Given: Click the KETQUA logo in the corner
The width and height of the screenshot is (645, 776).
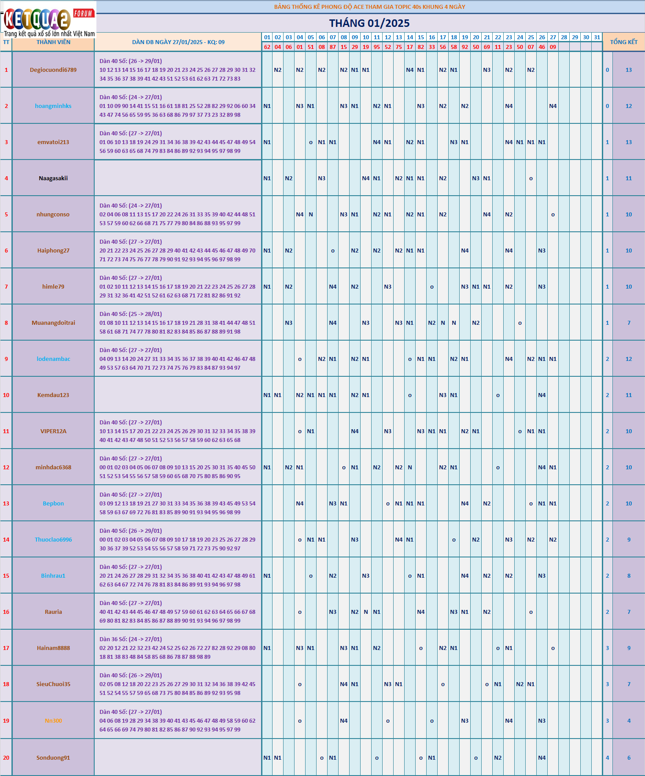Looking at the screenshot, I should (x=48, y=20).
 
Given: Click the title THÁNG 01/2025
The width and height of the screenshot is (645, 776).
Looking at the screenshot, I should (x=369, y=23).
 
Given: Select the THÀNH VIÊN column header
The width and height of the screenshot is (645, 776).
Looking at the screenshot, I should (x=53, y=42).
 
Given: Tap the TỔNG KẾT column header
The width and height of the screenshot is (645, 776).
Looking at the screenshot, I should (x=623, y=42).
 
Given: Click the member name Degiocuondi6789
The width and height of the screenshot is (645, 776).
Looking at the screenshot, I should (x=53, y=70).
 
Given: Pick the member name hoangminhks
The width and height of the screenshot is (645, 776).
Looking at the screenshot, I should (x=53, y=106).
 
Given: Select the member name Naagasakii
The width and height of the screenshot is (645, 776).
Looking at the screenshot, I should (x=53, y=178).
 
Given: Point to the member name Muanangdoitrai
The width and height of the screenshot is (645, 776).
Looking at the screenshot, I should (x=53, y=323).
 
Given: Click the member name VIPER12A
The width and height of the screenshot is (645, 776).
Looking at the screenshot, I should (x=53, y=431).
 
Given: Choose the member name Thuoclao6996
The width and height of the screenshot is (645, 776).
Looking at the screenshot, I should (x=53, y=540).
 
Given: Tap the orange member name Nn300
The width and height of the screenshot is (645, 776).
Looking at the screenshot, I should (x=53, y=721).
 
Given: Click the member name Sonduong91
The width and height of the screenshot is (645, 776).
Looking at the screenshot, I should (x=53, y=758).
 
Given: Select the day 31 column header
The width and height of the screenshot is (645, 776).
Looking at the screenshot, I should (x=597, y=37).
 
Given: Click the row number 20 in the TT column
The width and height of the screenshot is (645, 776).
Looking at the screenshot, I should (x=6, y=758).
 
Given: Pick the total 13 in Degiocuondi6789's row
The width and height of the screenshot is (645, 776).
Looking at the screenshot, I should (x=629, y=70).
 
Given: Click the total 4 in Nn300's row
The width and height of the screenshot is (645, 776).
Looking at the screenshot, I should (x=629, y=721).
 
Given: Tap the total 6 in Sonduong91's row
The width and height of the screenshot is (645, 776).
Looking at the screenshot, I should (x=629, y=758).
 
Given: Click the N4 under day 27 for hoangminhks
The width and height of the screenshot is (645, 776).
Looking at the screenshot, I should (x=553, y=106).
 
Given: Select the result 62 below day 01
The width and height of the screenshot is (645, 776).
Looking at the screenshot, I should (x=267, y=47).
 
